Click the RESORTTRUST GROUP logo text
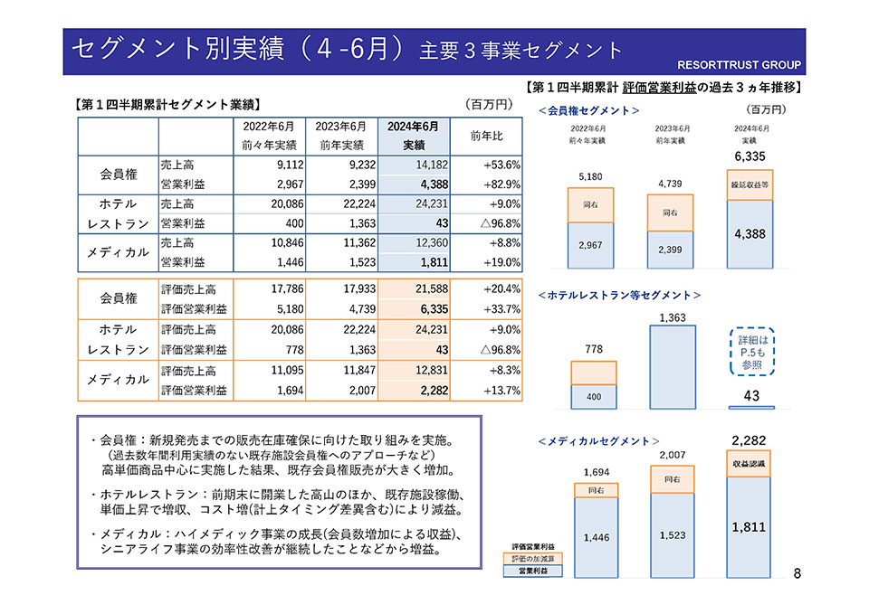(739, 65)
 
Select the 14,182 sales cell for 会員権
(417, 165)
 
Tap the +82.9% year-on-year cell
(486, 184)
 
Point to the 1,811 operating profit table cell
(417, 262)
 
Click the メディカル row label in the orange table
(118, 381)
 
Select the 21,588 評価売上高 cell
(417, 289)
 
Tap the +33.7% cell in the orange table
(486, 309)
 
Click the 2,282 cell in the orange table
(417, 391)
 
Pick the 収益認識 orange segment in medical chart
(749, 463)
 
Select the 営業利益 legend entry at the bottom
(534, 571)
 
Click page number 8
(797, 573)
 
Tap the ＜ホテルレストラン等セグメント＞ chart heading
(620, 295)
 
